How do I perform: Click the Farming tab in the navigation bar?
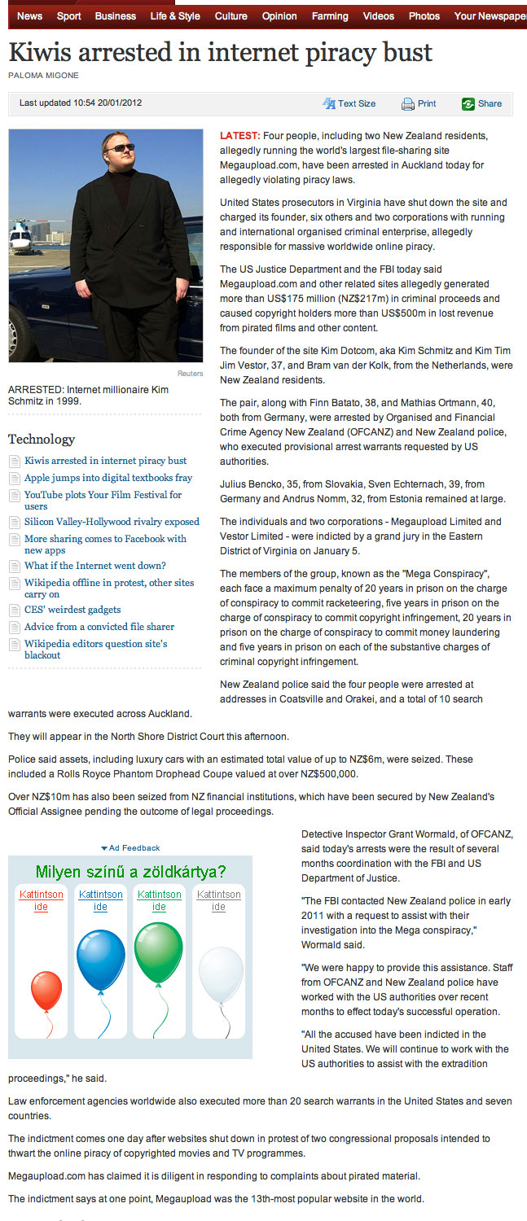(x=330, y=16)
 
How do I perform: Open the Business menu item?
(x=116, y=16)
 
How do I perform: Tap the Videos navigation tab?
(x=378, y=16)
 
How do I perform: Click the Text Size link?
(x=357, y=104)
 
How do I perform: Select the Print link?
(x=426, y=104)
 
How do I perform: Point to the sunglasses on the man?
(x=120, y=147)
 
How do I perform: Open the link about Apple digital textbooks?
(x=108, y=478)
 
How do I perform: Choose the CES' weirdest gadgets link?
(x=72, y=610)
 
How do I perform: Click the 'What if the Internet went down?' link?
(x=95, y=566)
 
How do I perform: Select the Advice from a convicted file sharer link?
(x=99, y=627)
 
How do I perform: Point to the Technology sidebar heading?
(x=42, y=440)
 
